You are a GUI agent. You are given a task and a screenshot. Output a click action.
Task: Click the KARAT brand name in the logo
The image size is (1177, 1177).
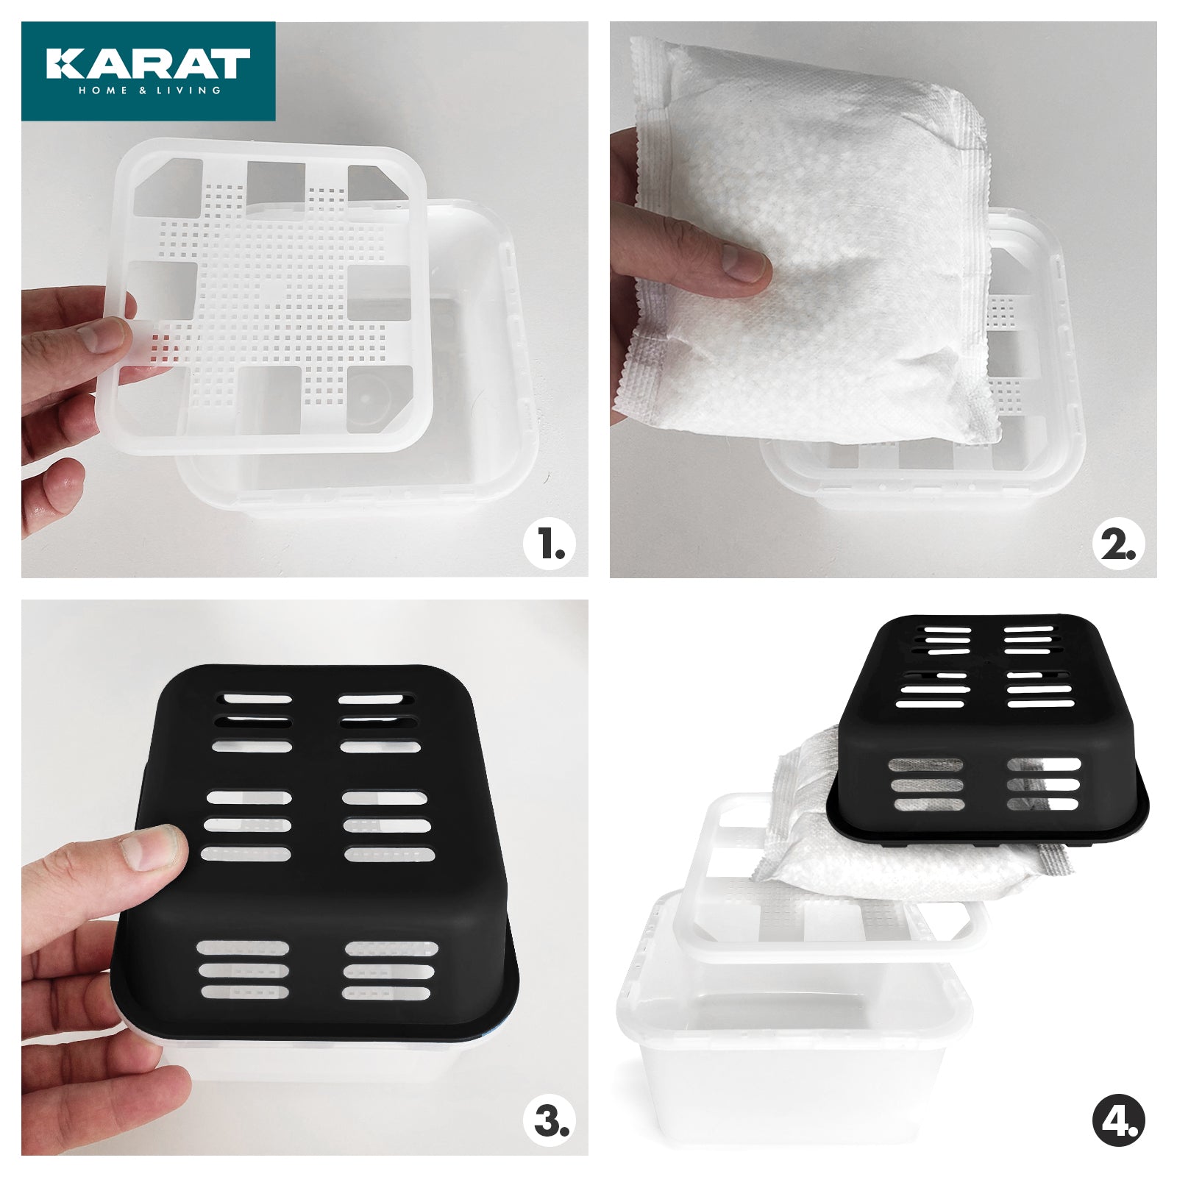(148, 64)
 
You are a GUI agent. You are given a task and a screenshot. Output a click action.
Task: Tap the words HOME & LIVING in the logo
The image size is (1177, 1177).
(149, 90)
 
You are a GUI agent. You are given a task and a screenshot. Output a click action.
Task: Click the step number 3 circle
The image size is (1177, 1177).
(549, 1122)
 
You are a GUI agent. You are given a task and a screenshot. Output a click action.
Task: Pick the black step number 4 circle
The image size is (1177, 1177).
(1117, 1122)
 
